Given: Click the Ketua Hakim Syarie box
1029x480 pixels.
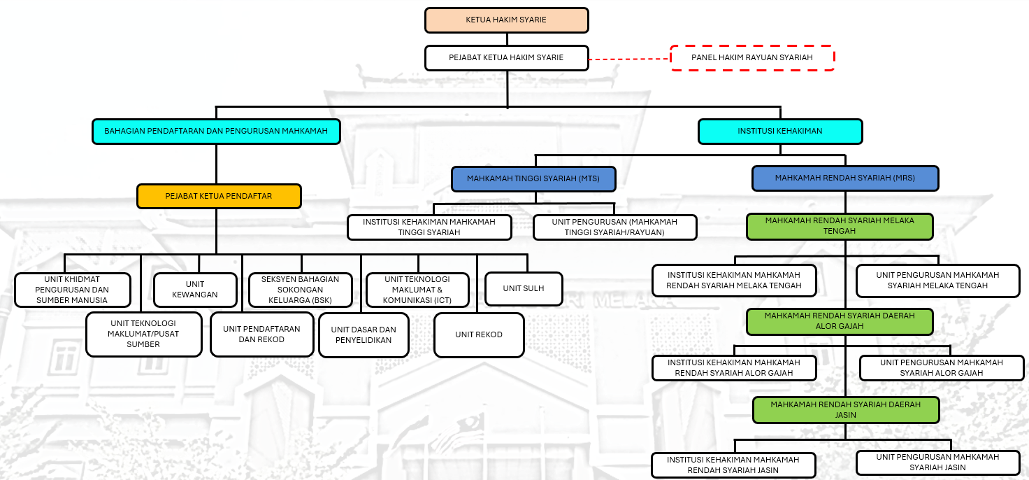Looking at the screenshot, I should (506, 20).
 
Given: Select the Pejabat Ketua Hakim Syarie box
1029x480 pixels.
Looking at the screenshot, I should (506, 58).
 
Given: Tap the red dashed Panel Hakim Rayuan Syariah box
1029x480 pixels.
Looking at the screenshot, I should (752, 58).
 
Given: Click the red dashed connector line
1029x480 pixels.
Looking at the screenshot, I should (629, 59).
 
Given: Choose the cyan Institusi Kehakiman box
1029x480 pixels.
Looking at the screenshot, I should (780, 132).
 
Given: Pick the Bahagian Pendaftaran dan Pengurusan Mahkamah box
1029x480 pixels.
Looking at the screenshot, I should (216, 132).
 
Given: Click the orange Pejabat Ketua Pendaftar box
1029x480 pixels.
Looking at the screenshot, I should (219, 197).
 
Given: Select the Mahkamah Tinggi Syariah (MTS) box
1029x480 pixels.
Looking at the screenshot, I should (534, 179).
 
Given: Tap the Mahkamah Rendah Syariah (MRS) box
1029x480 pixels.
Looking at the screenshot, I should (844, 178).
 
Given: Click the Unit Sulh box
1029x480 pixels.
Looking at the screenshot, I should (524, 288).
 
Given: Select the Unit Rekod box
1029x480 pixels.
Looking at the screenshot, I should (479, 334).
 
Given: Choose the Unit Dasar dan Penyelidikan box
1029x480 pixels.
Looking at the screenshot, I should (364, 334).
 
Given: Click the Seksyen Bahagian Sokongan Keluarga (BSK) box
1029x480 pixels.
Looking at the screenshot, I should (300, 290).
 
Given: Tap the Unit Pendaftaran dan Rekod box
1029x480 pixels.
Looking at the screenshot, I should (261, 334).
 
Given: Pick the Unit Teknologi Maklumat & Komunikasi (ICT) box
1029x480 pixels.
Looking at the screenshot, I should (417, 290).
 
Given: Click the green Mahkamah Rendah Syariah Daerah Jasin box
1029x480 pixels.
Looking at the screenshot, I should (845, 410).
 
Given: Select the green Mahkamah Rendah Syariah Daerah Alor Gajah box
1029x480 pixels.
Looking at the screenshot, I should (840, 321).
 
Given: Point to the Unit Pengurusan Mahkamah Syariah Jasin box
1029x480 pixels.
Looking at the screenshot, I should (938, 463).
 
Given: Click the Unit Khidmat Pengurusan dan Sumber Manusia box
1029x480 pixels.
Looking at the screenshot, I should (72, 290).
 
